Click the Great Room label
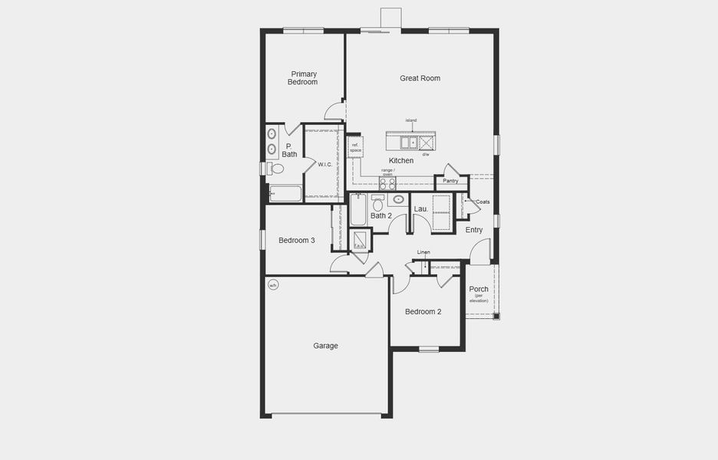point(420,78)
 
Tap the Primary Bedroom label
point(303,78)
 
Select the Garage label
point(325,346)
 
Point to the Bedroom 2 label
point(423,312)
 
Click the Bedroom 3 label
point(296,241)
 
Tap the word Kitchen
point(400,161)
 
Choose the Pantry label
point(450,182)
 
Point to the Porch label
point(479,290)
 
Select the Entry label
point(474,230)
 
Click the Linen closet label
point(423,252)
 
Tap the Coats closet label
point(483,202)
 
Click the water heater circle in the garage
point(273,286)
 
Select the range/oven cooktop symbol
point(387,184)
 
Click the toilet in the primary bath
point(276,169)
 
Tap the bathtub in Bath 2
point(358,211)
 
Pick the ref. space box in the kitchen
point(354,147)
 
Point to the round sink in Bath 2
point(398,200)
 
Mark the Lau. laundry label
point(420,209)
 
